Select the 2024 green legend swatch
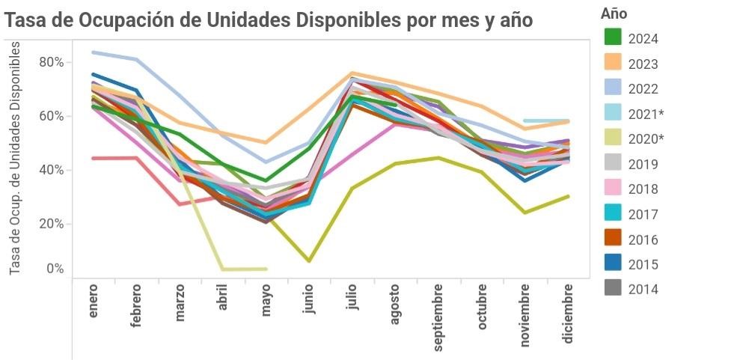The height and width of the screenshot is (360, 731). tap(614, 37)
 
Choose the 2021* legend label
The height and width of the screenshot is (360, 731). tap(646, 114)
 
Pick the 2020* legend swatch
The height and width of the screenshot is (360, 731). tap(614, 138)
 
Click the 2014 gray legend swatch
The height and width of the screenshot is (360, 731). tap(614, 289)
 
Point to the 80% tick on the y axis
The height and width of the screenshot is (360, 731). tap(51, 62)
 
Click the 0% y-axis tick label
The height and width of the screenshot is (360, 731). tap(55, 269)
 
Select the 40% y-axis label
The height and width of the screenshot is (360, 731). tap(51, 170)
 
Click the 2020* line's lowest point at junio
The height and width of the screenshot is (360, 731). tap(308, 260)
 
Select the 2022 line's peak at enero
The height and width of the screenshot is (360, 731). tap(93, 52)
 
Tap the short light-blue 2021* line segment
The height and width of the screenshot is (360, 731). tap(546, 120)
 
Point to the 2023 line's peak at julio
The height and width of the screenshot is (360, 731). tap(352, 73)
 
